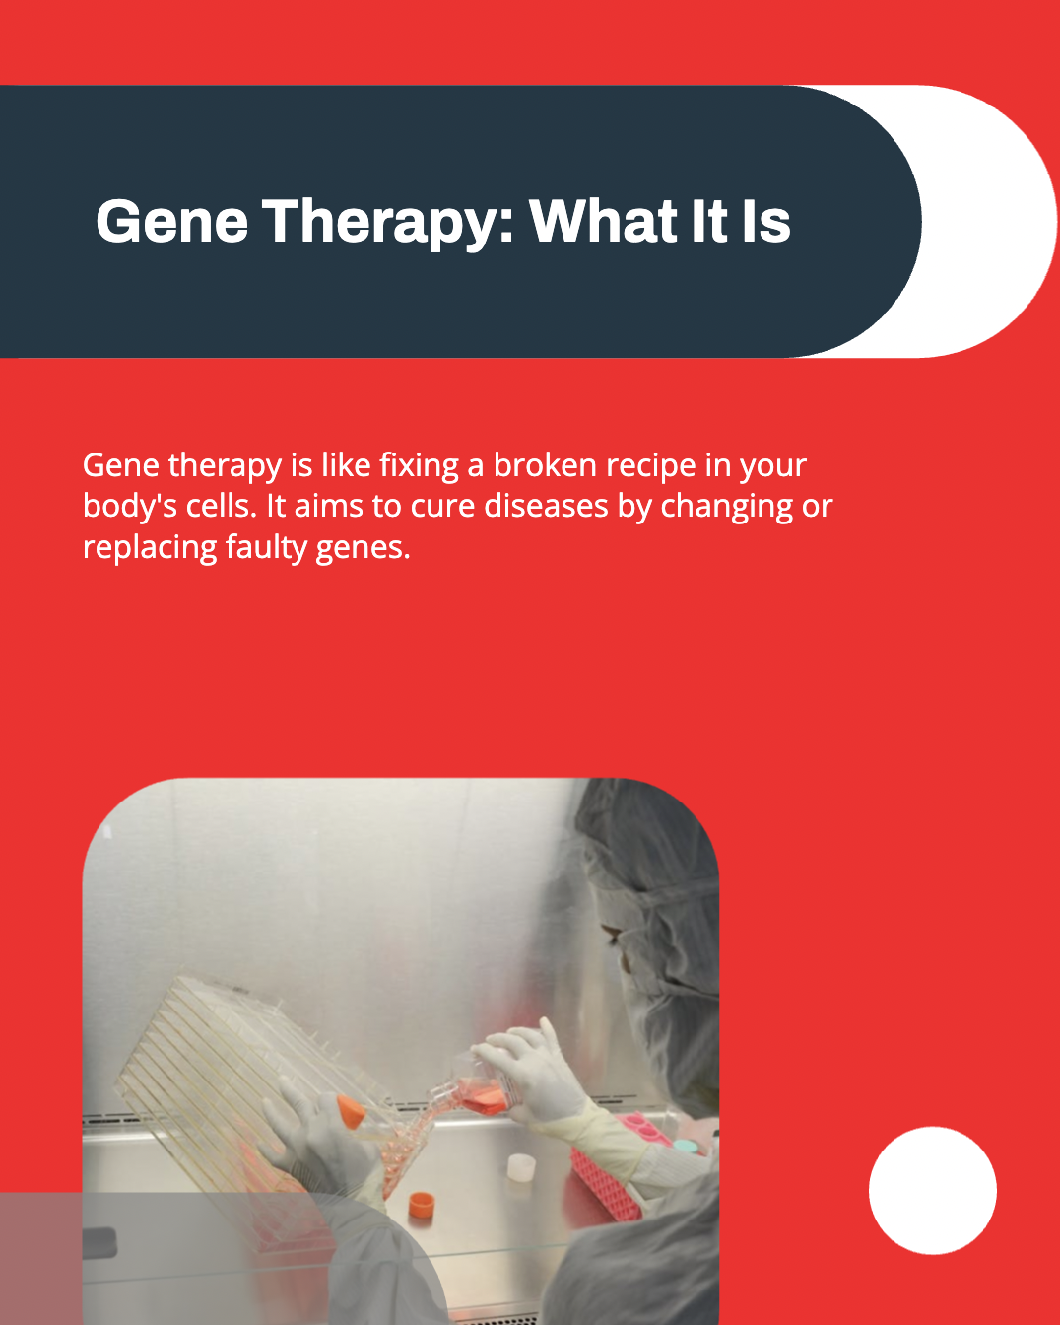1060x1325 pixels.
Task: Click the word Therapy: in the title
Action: point(388,223)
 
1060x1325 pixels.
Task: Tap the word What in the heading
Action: point(604,221)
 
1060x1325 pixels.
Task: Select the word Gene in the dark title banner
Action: point(172,222)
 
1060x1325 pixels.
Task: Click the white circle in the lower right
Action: point(933,1190)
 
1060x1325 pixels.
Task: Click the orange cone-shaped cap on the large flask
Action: point(351,1112)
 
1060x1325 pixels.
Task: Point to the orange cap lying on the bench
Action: point(422,1205)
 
